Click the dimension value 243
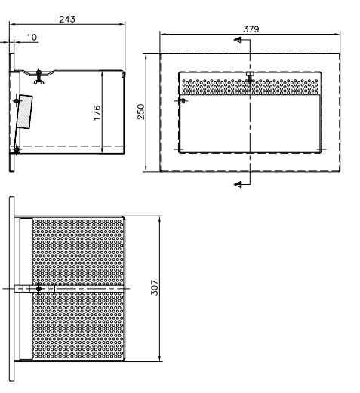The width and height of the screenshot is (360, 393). click(x=67, y=20)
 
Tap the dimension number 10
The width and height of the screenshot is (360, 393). click(x=32, y=38)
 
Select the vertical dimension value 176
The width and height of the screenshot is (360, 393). click(x=97, y=113)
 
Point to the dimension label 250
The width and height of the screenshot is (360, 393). click(x=141, y=112)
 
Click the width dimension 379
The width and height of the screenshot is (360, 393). click(x=251, y=29)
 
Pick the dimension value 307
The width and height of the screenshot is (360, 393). click(x=155, y=287)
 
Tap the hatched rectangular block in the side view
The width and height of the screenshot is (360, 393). click(x=25, y=112)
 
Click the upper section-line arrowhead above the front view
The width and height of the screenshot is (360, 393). click(x=238, y=40)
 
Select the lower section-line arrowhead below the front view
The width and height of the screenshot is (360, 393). click(x=238, y=185)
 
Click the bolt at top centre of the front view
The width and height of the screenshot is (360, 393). click(x=250, y=77)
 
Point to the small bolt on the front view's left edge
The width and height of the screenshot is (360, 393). click(x=182, y=101)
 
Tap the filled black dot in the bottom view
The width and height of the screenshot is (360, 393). click(x=38, y=289)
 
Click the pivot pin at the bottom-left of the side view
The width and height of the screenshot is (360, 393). click(x=17, y=149)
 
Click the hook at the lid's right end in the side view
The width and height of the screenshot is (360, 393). click(x=123, y=74)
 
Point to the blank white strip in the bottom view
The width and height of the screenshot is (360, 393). click(x=26, y=289)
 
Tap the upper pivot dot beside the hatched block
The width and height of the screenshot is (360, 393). click(x=17, y=101)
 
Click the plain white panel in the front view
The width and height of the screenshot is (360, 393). click(x=250, y=123)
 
